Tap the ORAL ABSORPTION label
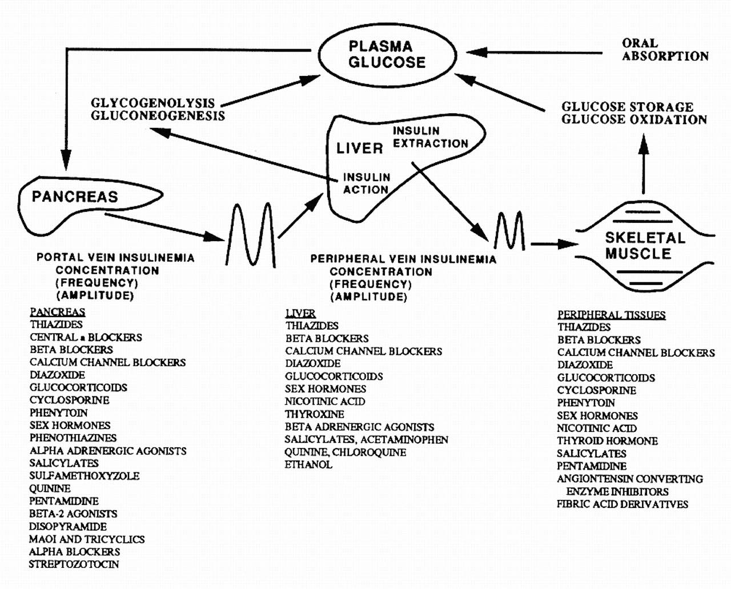coord(665,50)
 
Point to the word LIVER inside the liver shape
coord(359,148)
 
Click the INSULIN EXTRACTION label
coord(431,137)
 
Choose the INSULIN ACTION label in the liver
coord(366,183)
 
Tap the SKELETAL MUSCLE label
coord(645,246)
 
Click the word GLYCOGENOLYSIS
coord(153,103)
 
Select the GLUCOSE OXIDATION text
coord(634,119)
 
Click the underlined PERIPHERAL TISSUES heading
coord(611,315)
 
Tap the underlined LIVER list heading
coord(300,313)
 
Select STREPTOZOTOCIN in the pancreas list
coord(74,564)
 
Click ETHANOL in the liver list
coord(308,464)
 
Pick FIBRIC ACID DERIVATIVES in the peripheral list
coord(622,504)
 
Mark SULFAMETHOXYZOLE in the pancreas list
coord(85,476)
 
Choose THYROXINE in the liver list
coord(314,414)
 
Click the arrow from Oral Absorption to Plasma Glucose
coord(534,53)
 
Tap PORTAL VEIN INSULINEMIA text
coord(115,258)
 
